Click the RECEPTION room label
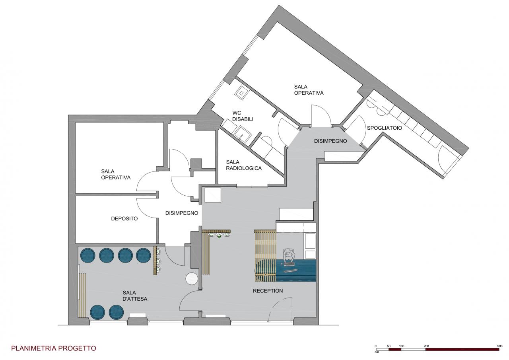pyautogui.click(x=268, y=291)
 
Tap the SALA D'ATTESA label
pyautogui.click(x=135, y=296)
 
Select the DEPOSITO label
pyautogui.click(x=124, y=219)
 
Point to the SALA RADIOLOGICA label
pyautogui.click(x=244, y=165)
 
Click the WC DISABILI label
pyautogui.click(x=243, y=116)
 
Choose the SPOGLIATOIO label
pyautogui.click(x=385, y=128)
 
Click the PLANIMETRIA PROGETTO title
pyautogui.click(x=54, y=348)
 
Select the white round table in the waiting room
pyautogui.click(x=192, y=278)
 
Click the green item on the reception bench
pyautogui.click(x=219, y=236)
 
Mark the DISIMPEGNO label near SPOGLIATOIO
pyautogui.click(x=330, y=141)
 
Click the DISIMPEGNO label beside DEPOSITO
pyautogui.click(x=182, y=213)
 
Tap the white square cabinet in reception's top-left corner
pyautogui.click(x=213, y=195)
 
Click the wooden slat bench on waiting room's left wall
pyautogui.click(x=82, y=296)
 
